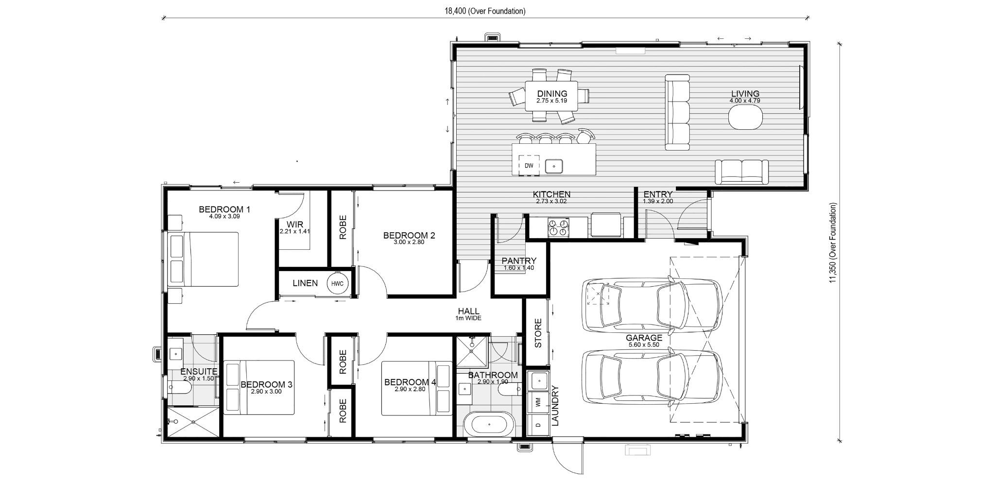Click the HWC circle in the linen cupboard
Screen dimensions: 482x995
click(338, 284)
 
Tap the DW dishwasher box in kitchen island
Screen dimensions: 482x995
click(529, 166)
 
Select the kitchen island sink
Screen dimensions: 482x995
click(554, 166)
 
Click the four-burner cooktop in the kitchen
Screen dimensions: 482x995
click(558, 227)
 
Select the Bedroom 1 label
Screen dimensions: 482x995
click(224, 209)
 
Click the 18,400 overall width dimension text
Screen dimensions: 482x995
click(484, 11)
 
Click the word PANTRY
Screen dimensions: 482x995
click(519, 261)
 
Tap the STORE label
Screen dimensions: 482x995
click(538, 333)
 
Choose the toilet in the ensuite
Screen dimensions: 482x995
click(179, 387)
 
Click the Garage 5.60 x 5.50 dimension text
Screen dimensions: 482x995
click(644, 344)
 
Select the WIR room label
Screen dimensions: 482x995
click(294, 224)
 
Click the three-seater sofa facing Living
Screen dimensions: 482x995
click(677, 112)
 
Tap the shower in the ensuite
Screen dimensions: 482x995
click(192, 422)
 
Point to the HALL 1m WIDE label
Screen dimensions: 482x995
click(468, 314)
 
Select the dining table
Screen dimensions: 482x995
click(551, 96)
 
